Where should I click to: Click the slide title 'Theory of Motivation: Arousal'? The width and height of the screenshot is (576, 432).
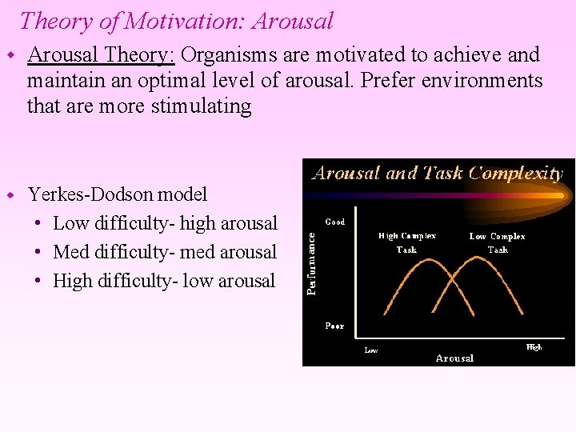point(176,21)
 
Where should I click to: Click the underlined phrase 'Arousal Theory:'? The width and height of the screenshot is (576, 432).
point(102,55)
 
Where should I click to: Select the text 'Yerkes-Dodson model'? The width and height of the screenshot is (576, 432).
point(118,194)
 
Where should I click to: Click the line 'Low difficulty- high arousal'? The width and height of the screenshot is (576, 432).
point(165,223)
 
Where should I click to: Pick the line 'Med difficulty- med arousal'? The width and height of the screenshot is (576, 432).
point(165,252)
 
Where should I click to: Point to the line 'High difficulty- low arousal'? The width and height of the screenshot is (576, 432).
point(164,281)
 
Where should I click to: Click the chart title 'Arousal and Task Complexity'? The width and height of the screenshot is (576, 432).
point(437,174)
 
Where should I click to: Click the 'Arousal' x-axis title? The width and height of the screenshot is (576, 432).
point(454,358)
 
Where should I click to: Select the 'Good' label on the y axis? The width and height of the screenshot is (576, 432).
point(335,222)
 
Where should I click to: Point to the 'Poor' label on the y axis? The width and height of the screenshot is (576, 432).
point(334,326)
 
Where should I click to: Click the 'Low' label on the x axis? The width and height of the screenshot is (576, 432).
point(372,350)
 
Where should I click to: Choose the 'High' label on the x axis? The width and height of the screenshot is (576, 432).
point(534,347)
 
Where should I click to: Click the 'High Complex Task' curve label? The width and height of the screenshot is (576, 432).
point(407,242)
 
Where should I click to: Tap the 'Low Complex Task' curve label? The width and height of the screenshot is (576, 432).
point(497,242)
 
